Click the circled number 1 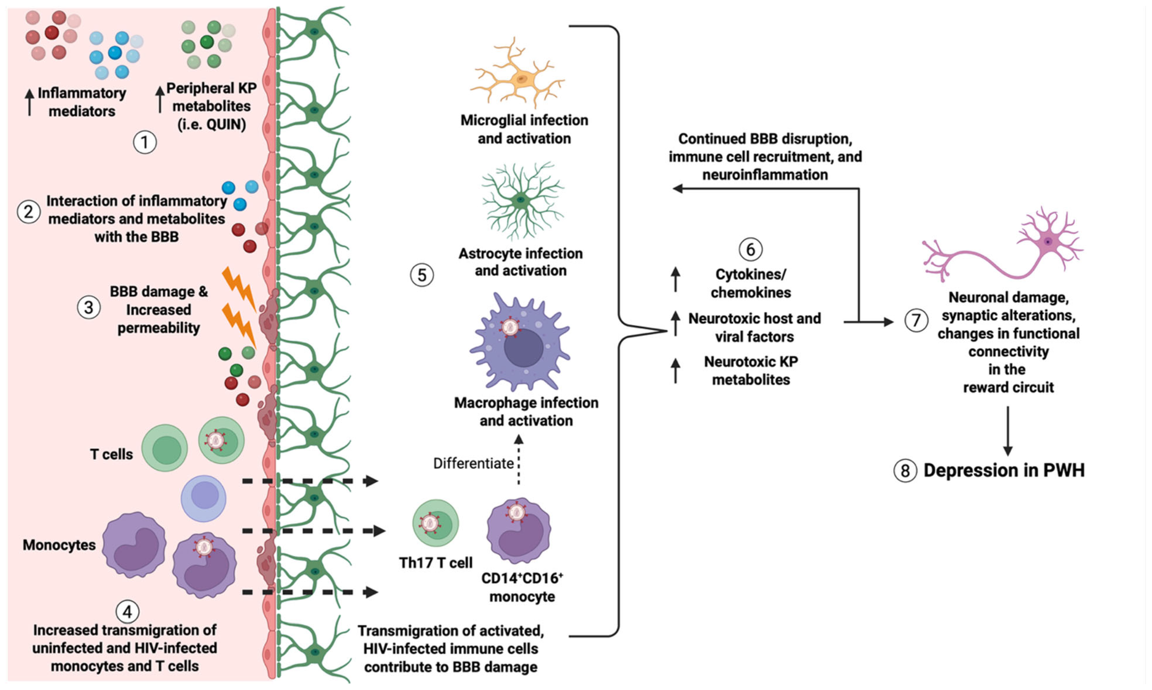tap(145, 142)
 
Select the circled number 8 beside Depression tap(904, 471)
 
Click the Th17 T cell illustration tap(435, 523)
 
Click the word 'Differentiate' tap(473, 464)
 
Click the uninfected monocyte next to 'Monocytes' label tap(134, 545)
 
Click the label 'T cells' tap(111, 454)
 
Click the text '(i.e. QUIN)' tap(212, 125)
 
